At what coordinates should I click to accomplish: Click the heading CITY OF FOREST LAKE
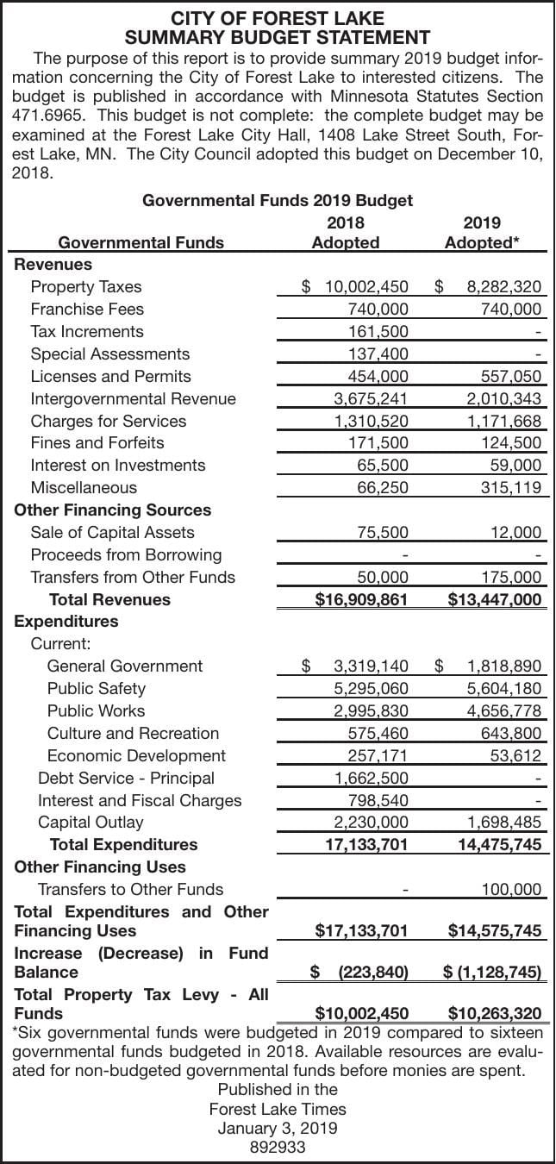pos(278,18)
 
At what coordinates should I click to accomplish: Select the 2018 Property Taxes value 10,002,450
pos(366,287)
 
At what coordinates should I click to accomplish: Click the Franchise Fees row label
pos(87,309)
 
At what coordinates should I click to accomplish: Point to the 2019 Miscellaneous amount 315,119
pos(510,488)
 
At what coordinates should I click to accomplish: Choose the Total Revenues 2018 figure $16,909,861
pos(360,599)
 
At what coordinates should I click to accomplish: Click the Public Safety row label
pos(96,688)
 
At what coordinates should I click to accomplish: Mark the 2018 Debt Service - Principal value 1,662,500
pos(371,778)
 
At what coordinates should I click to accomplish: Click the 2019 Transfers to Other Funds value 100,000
pos(510,889)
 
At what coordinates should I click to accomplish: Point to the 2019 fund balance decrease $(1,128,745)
pos(492,973)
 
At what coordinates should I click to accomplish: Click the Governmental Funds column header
pos(141,242)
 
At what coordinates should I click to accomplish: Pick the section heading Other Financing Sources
pos(112,510)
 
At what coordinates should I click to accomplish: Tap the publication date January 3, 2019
pos(278,1128)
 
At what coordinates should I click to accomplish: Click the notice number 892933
pos(278,1147)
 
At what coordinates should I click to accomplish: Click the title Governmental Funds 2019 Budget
pos(278,200)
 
